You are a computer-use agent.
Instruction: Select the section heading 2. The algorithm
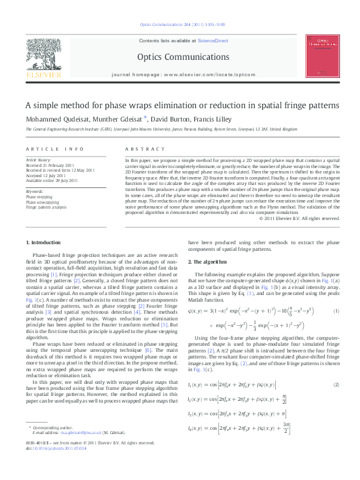208,261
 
